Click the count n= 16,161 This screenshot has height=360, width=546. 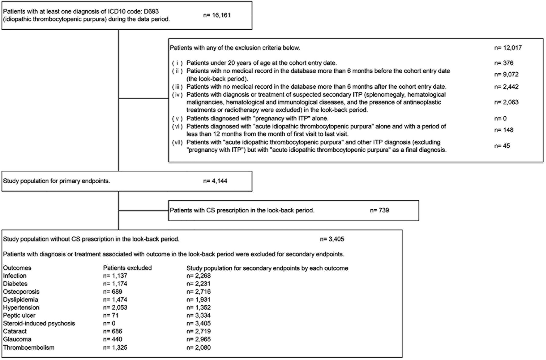click(x=217, y=15)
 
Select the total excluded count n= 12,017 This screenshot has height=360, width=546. click(x=508, y=48)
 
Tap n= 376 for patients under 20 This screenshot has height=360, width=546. click(x=504, y=63)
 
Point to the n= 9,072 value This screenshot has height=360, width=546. click(x=506, y=75)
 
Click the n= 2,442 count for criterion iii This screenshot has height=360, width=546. click(x=506, y=87)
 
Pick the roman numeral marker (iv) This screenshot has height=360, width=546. click(x=177, y=95)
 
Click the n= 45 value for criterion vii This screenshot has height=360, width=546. click(x=502, y=146)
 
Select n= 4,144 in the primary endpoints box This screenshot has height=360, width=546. click(x=215, y=181)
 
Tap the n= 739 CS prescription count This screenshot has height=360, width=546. click(x=379, y=210)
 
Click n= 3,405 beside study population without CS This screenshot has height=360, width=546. click(x=332, y=239)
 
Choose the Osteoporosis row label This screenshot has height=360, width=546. click(x=21, y=292)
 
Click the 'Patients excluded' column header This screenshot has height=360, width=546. click(x=127, y=268)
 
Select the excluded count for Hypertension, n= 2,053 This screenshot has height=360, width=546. click(x=115, y=308)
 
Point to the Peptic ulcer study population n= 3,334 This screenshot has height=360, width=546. click(x=199, y=315)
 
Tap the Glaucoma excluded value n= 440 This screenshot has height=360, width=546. click(x=113, y=339)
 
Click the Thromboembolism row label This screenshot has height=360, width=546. click(x=29, y=347)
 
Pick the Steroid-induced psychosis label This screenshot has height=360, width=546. click(x=39, y=324)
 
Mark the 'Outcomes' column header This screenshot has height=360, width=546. click(x=17, y=268)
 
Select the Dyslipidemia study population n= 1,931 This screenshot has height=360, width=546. click(x=199, y=300)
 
